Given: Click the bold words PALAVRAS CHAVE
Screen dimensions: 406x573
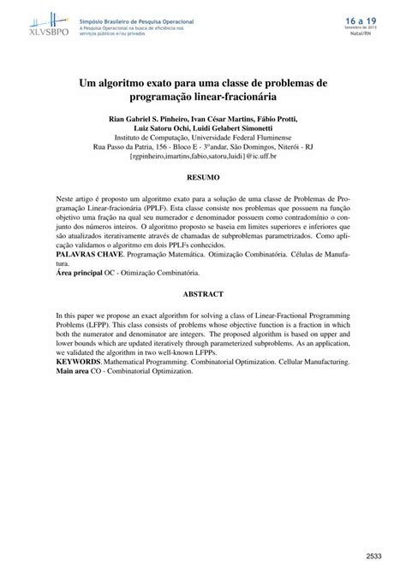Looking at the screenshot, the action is coord(85,255).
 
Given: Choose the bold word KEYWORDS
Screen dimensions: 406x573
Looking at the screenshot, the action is coord(79,363).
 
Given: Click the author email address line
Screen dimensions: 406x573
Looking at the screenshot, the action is coord(202,157).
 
